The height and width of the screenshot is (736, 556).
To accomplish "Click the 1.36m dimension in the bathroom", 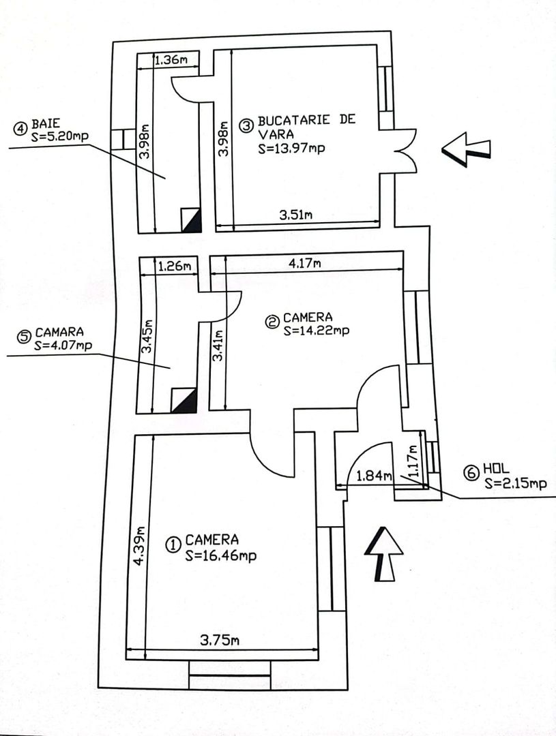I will click(x=171, y=60).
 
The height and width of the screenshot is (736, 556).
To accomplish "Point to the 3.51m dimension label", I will click(x=296, y=215).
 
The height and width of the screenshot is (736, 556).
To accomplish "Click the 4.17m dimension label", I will click(x=304, y=264).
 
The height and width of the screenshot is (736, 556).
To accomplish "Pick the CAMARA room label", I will click(x=59, y=333).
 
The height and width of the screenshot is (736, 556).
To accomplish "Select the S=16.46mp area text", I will click(x=220, y=556).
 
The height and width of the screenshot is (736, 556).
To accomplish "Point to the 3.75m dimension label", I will click(x=219, y=640).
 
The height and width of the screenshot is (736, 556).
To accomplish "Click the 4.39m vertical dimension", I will click(x=140, y=546).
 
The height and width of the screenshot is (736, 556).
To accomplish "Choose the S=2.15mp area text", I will click(x=515, y=483).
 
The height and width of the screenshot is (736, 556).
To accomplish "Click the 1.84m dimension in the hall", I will click(x=370, y=475).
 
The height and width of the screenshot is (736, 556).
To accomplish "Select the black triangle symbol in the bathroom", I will click(x=191, y=219).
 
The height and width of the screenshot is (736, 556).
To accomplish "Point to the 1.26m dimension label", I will click(x=173, y=266).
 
